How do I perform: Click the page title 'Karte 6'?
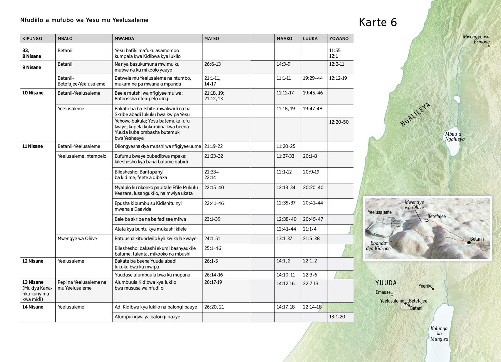click(x=378, y=22)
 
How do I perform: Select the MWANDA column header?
click(x=124, y=38)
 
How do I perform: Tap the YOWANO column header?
click(x=339, y=38)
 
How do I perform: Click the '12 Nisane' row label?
click(x=33, y=261)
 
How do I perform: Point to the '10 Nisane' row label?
click(x=33, y=93)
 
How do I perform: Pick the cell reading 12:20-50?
click(x=339, y=122)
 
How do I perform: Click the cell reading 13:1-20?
click(x=337, y=317)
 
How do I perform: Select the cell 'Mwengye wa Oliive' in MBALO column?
click(x=77, y=239)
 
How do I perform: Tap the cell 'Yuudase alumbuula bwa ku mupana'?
click(x=153, y=275)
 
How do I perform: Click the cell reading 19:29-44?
click(x=313, y=78)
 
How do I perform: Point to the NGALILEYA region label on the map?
click(x=415, y=114)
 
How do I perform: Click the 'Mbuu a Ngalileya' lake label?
click(x=455, y=137)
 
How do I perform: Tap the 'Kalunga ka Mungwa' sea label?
click(x=439, y=334)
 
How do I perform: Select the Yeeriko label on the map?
click(x=425, y=286)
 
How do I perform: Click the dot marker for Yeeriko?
click(x=433, y=289)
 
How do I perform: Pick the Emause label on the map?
click(x=383, y=292)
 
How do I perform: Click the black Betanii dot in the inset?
click(x=469, y=243)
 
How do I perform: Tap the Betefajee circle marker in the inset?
click(x=426, y=220)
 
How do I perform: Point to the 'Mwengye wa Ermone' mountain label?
click(x=476, y=39)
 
